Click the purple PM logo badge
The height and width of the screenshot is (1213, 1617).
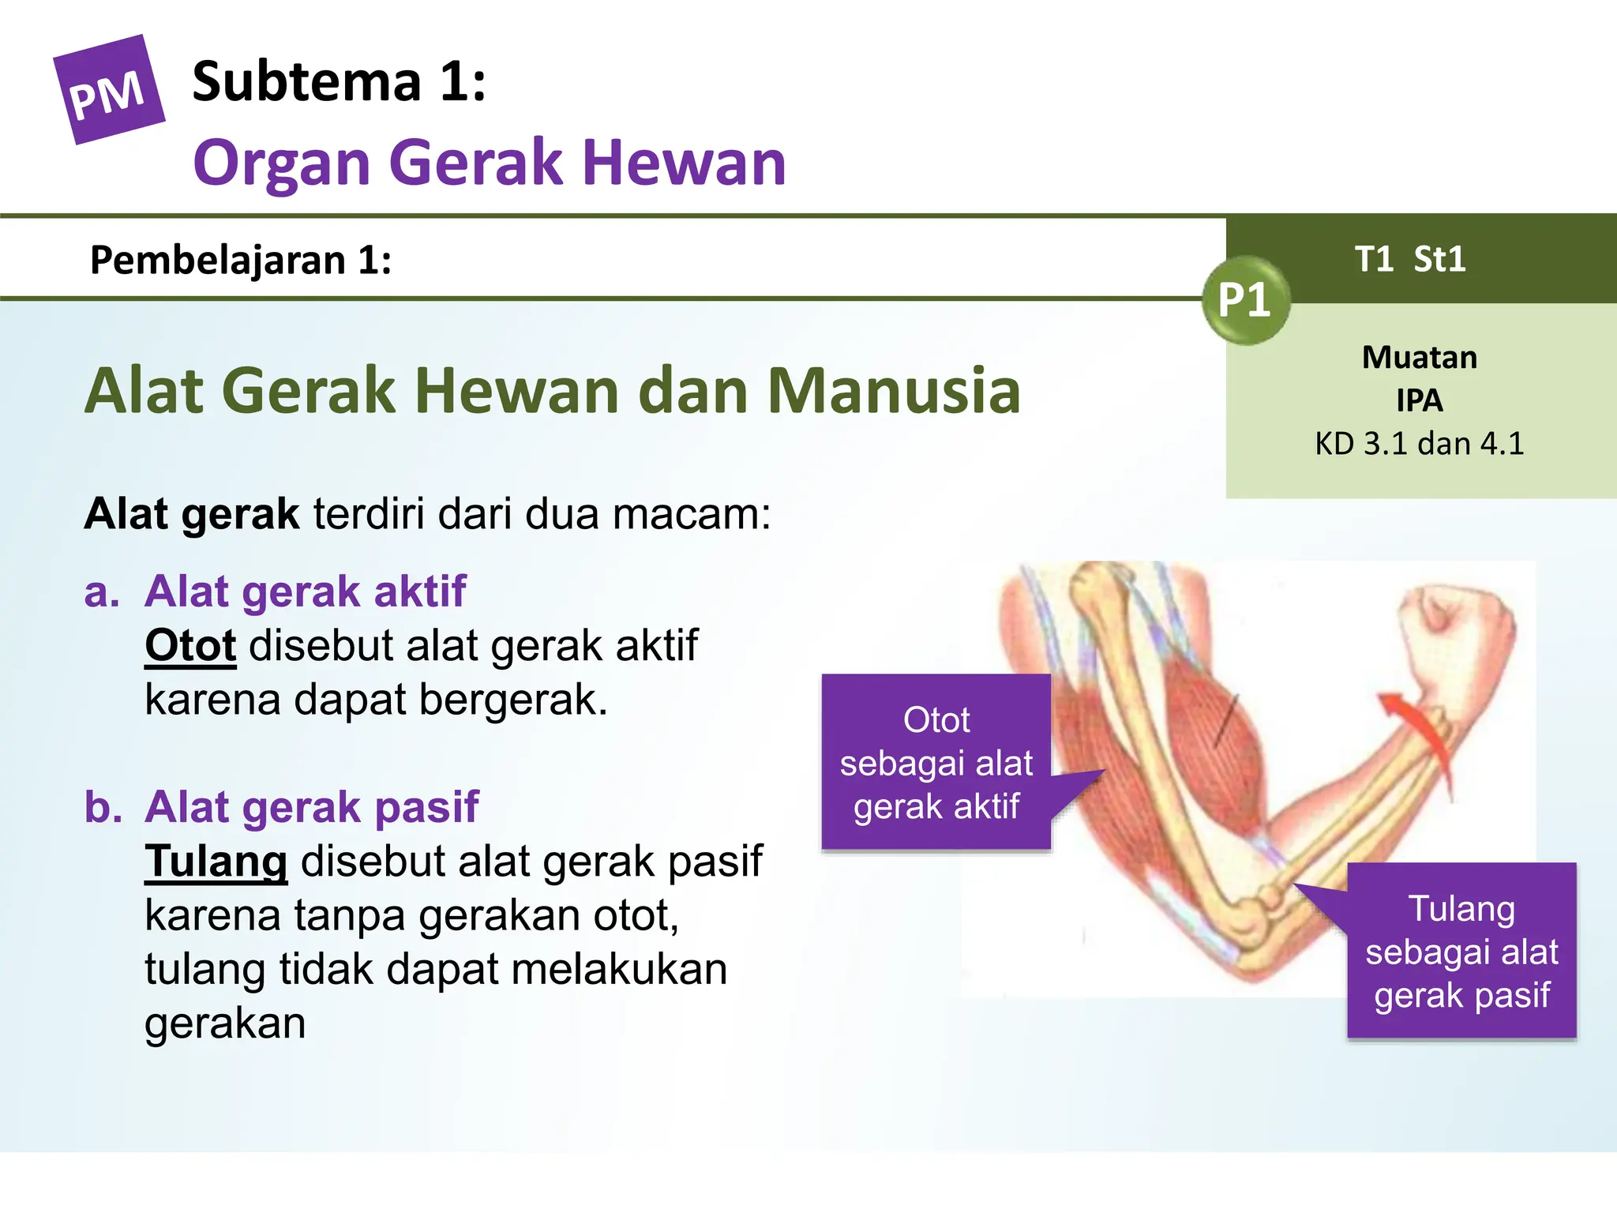pyautogui.click(x=108, y=90)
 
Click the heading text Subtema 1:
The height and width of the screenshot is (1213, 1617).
pyautogui.click(x=339, y=81)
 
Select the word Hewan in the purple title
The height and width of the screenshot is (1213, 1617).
pyautogui.click(x=684, y=163)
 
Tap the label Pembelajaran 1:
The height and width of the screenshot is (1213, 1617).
pyautogui.click(x=241, y=260)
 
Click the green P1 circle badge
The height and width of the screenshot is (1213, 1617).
pyautogui.click(x=1245, y=300)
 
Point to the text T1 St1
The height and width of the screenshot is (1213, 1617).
pyautogui.click(x=1410, y=259)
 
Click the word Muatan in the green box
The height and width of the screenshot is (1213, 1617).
pyautogui.click(x=1419, y=358)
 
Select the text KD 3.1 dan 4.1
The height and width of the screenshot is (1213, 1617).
pyautogui.click(x=1419, y=444)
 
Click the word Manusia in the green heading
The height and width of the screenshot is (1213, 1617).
pyautogui.click(x=894, y=390)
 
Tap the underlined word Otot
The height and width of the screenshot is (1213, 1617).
pyautogui.click(x=190, y=646)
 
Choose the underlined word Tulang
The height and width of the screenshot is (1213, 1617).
pyautogui.click(x=216, y=861)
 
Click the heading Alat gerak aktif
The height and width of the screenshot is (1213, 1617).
pyautogui.click(x=306, y=591)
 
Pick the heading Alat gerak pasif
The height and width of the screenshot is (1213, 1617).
pyautogui.click(x=312, y=807)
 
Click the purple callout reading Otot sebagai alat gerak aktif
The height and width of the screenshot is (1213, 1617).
pyautogui.click(x=936, y=763)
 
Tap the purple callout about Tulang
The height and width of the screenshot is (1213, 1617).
pyautogui.click(x=1461, y=952)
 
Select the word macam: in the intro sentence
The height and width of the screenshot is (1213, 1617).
pyautogui.click(x=692, y=514)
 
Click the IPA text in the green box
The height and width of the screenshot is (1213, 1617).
pyautogui.click(x=1419, y=400)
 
